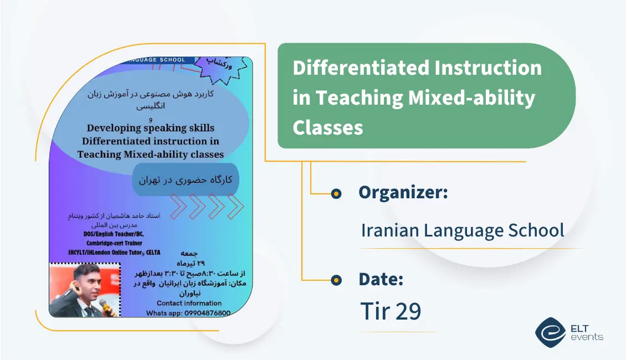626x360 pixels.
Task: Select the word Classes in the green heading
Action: point(327,127)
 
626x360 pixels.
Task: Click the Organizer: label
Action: point(403,193)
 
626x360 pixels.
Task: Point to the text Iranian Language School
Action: point(463,230)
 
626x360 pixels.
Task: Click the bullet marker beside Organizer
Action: point(336,194)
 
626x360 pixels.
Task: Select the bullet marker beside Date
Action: point(336,280)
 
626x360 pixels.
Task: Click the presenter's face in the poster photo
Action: point(81,284)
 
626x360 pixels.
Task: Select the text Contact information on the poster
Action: point(189,303)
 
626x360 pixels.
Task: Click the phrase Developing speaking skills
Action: point(150,128)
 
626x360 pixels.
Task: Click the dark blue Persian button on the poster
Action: point(185,180)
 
